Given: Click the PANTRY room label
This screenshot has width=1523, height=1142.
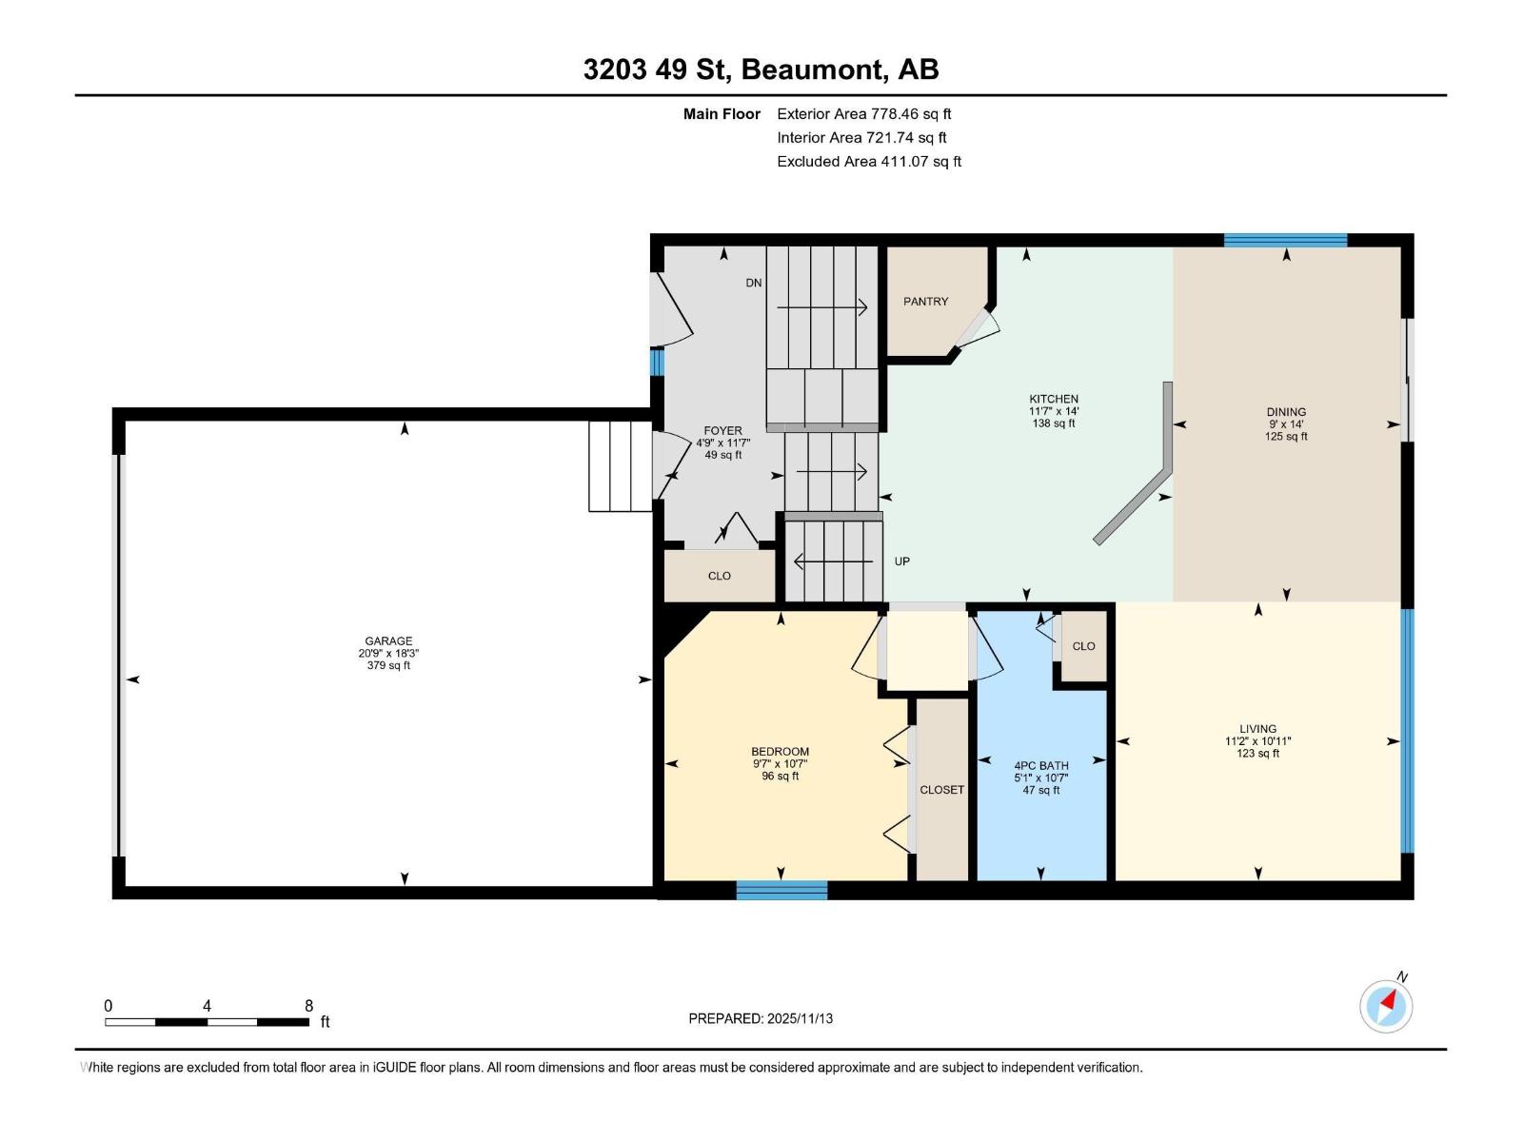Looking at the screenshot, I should click(925, 301).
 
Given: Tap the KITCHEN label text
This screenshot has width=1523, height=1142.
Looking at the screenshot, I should click(1053, 399).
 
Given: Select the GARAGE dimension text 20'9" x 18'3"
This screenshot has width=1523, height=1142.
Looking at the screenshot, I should click(388, 653).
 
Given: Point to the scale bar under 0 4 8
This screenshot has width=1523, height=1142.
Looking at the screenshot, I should click(207, 1022).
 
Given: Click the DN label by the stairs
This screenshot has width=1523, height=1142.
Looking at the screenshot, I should click(754, 283).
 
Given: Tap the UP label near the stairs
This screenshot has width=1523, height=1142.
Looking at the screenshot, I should click(901, 561).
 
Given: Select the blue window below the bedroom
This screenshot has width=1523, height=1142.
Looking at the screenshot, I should click(781, 891).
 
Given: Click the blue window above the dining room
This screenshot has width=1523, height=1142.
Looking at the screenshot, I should click(1285, 240).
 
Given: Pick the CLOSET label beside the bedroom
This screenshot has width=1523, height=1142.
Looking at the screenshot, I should click(941, 790).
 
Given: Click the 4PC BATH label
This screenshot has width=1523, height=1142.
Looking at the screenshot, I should click(1040, 765).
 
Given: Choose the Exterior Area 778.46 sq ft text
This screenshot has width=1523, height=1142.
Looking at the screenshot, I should click(863, 113).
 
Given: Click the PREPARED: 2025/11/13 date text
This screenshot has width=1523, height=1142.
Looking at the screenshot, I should click(761, 1018).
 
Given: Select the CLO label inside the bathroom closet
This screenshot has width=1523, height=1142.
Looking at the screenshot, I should click(1083, 646).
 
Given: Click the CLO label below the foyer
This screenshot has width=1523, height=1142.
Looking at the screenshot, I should click(719, 576).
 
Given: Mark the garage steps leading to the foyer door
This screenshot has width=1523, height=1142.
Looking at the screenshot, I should click(619, 466).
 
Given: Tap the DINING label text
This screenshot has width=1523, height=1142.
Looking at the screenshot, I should click(1285, 412).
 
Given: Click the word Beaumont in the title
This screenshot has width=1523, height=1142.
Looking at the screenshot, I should click(811, 69).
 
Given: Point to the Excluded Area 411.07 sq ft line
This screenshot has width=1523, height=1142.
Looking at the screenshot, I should click(868, 161).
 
